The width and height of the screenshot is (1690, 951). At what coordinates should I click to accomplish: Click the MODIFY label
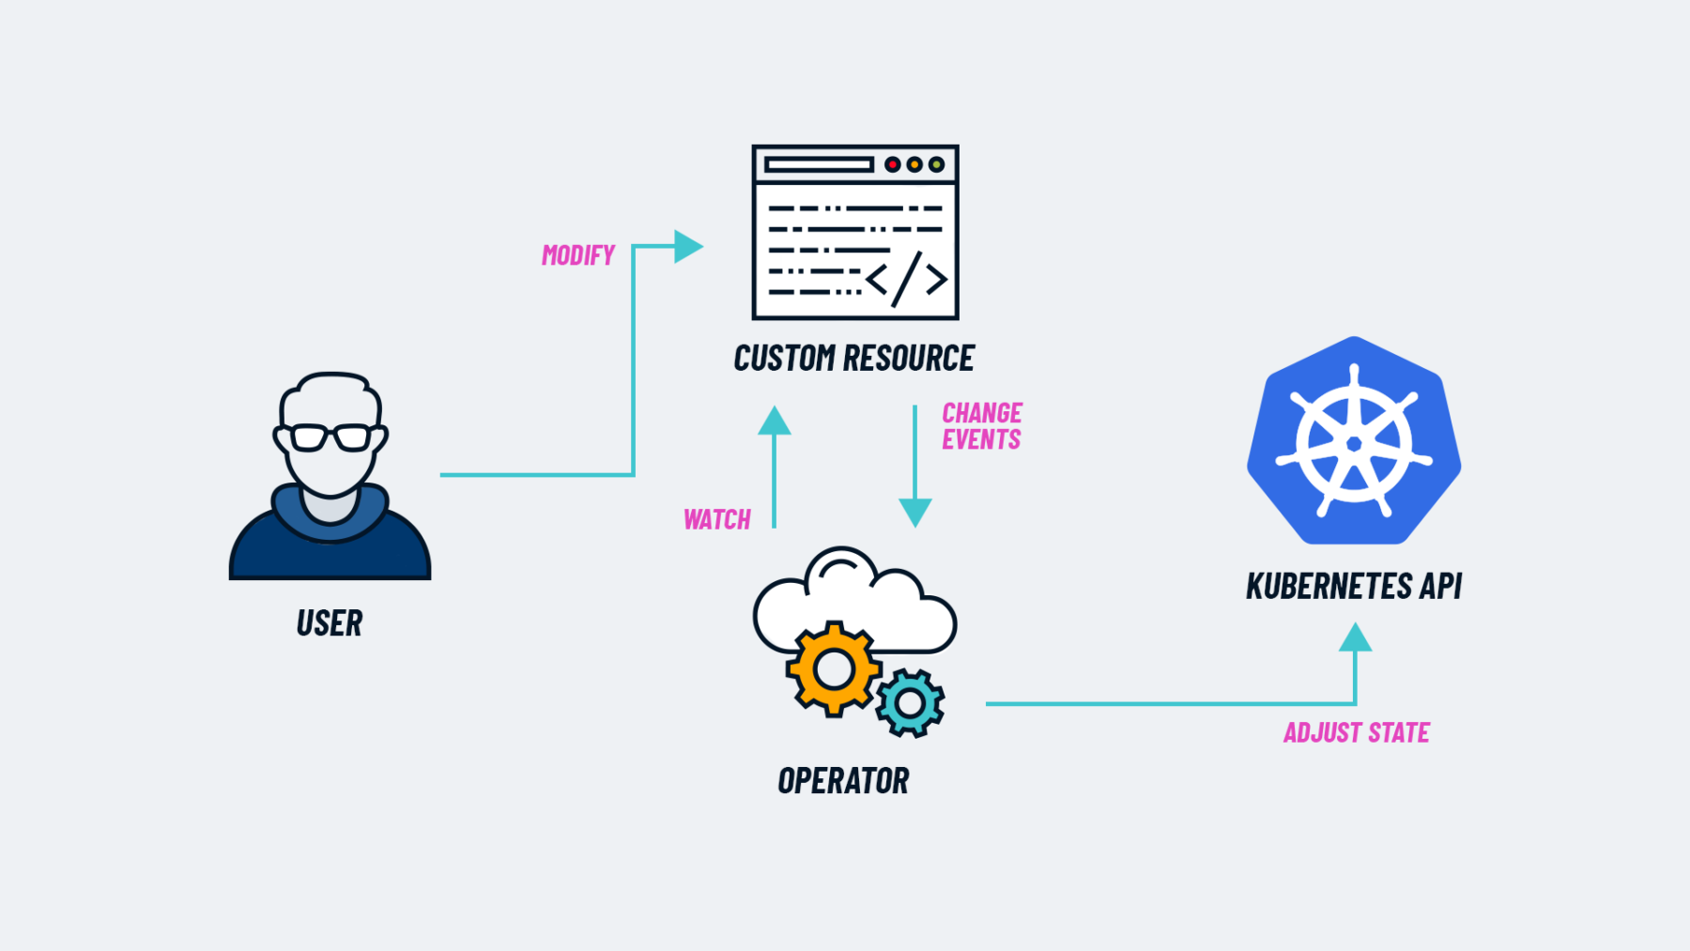tap(577, 255)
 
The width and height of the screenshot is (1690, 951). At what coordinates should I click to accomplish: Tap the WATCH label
tap(716, 519)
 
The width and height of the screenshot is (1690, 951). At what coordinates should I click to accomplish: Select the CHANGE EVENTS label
tap(981, 426)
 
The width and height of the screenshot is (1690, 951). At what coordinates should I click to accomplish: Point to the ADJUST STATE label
tap(1356, 732)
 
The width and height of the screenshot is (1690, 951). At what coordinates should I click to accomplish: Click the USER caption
tap(329, 623)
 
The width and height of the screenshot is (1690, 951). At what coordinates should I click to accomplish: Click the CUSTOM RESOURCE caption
tap(853, 359)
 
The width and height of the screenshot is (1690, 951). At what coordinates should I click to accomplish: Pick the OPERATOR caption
tap(843, 781)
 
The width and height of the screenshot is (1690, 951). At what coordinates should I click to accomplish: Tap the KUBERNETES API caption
tap(1353, 586)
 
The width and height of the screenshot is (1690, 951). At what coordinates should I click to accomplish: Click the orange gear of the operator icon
tap(833, 669)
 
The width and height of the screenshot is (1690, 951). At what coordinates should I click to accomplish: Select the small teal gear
tap(910, 702)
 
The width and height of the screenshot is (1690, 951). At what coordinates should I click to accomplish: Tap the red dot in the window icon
tap(892, 164)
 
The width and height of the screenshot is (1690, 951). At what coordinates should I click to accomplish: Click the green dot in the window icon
tap(936, 164)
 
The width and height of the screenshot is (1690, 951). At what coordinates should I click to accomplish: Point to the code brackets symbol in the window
tap(906, 278)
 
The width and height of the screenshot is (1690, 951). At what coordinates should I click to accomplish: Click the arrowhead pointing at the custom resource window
tap(688, 247)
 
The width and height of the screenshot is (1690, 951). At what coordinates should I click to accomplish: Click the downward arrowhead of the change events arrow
tap(914, 513)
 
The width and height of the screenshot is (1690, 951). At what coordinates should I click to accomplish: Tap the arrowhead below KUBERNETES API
tap(1355, 637)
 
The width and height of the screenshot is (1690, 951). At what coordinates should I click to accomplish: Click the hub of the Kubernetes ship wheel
tap(1354, 443)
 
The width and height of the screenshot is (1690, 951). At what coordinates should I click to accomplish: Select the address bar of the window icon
tap(819, 164)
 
